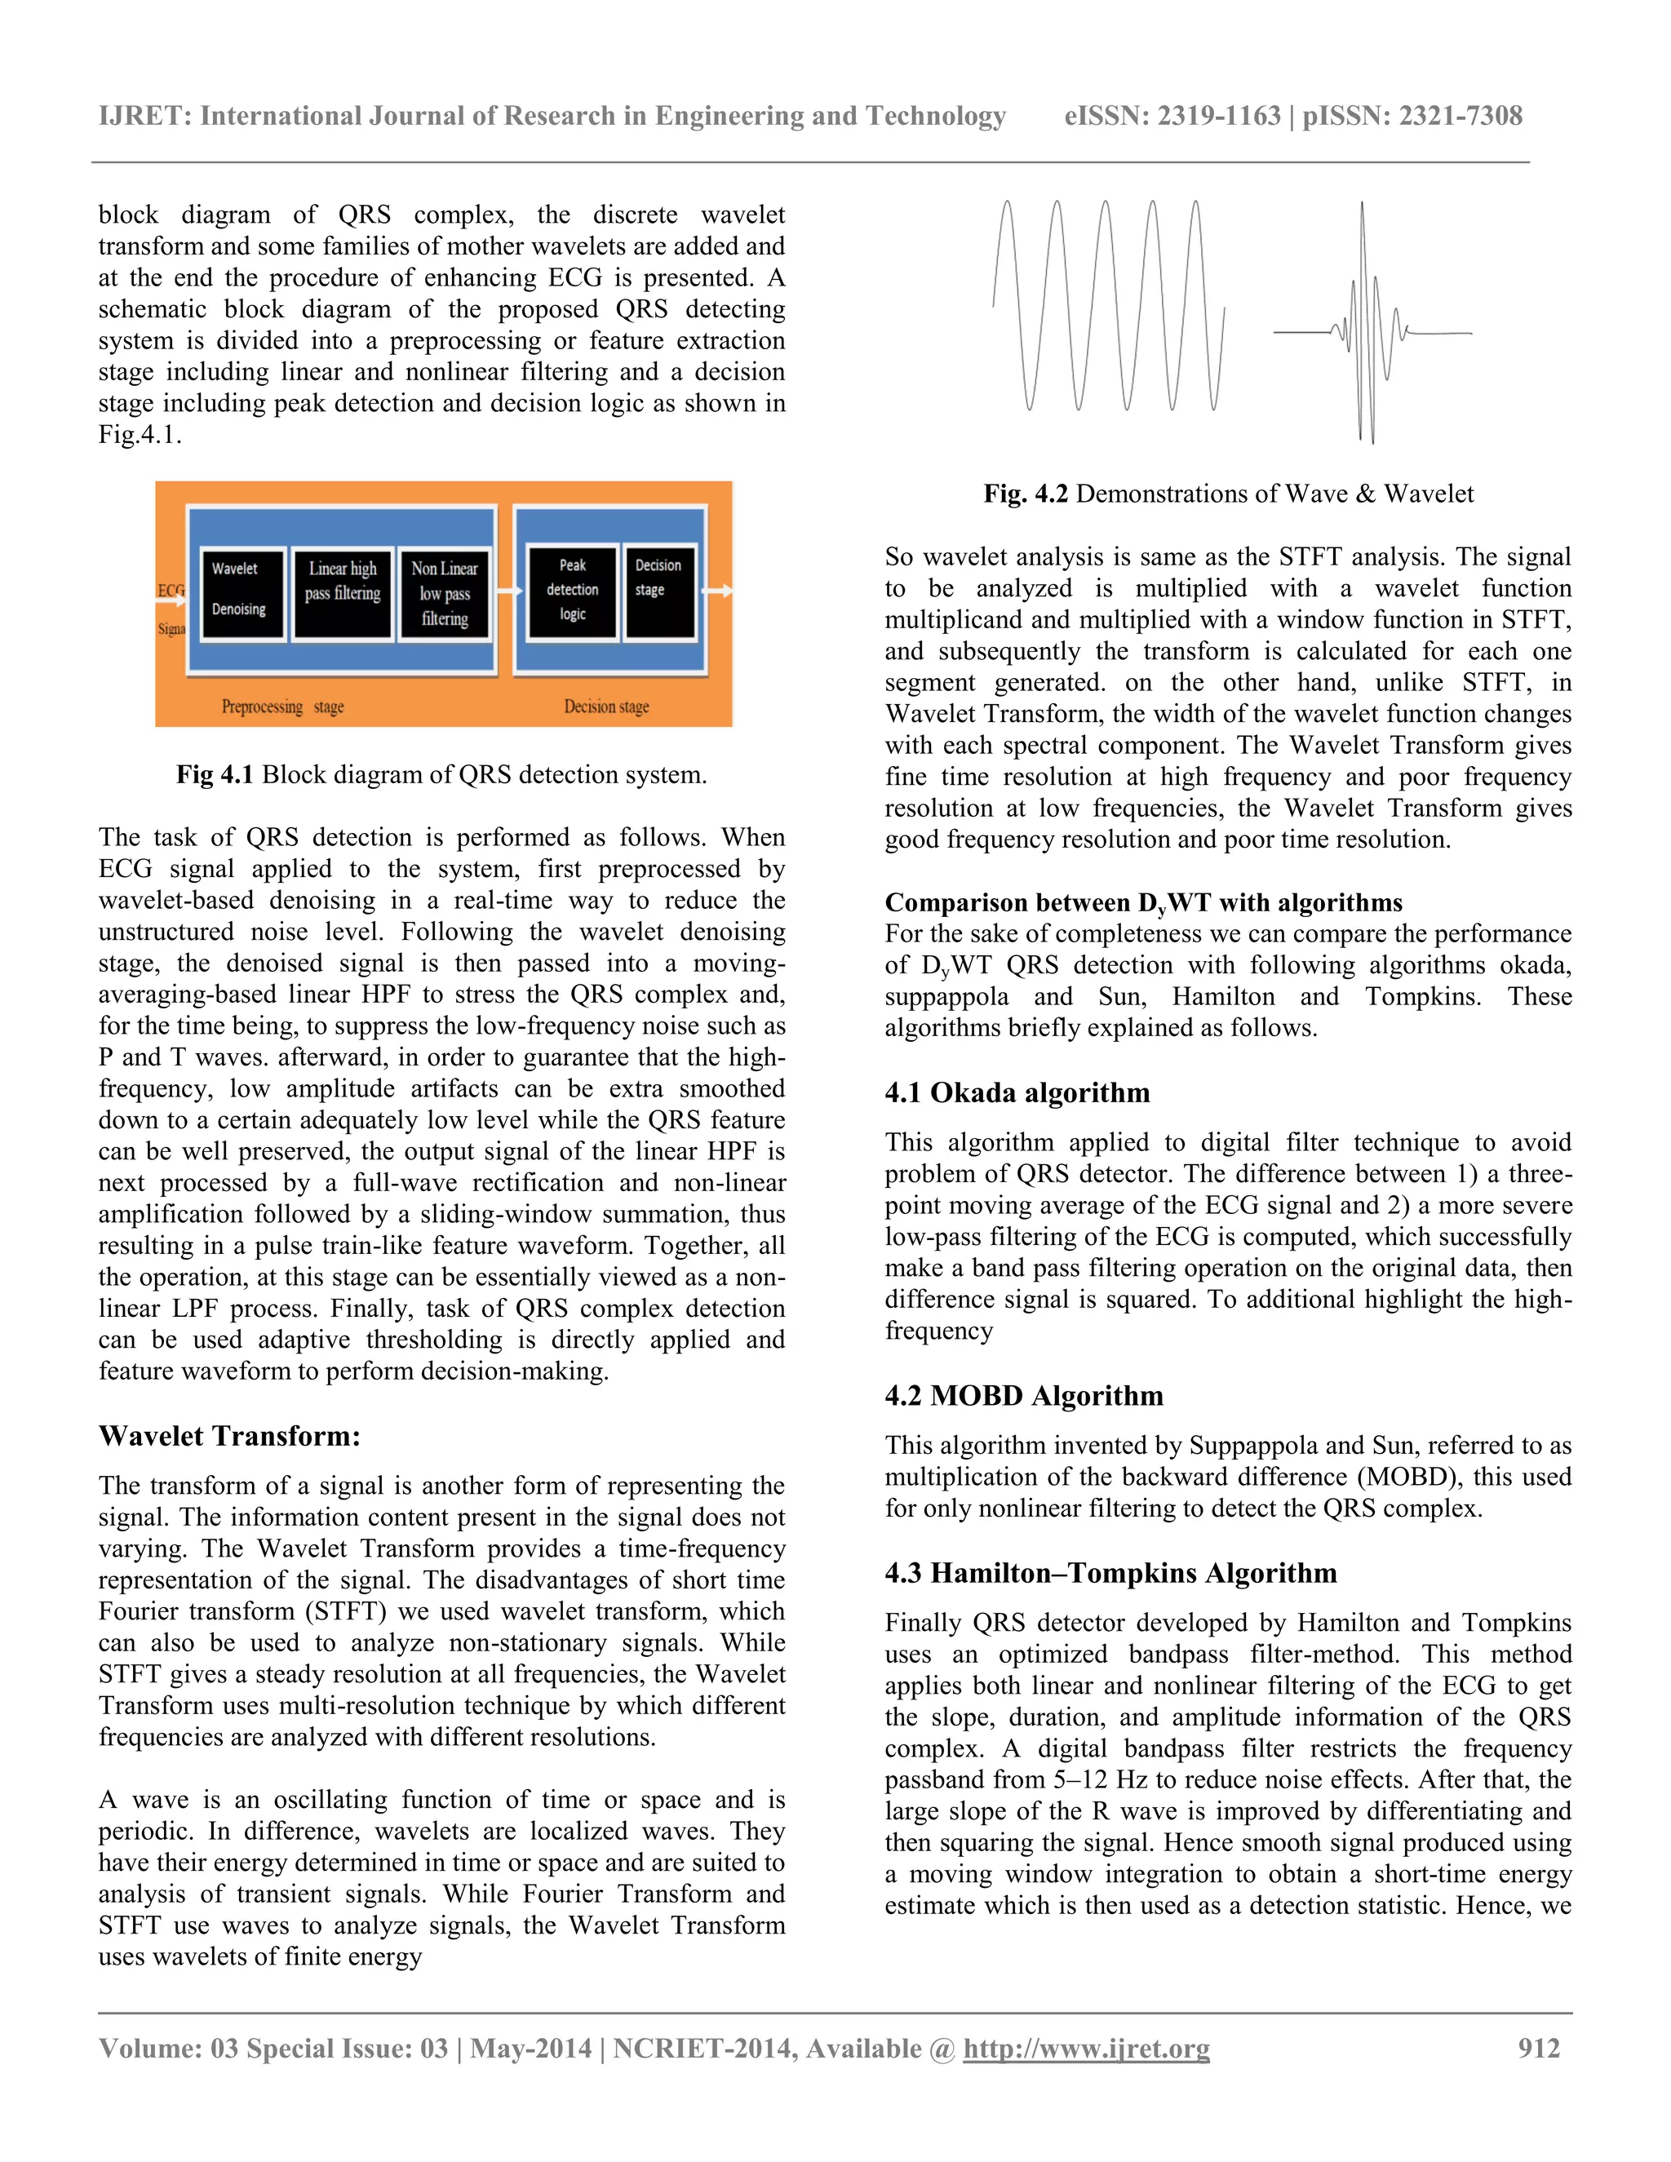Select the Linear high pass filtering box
click(x=343, y=593)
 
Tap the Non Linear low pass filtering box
click(x=445, y=594)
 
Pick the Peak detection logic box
click(x=572, y=590)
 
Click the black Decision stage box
click(x=658, y=590)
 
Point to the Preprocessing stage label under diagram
click(x=282, y=707)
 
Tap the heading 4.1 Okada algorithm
click(x=1017, y=1093)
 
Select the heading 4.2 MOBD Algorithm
click(x=1024, y=1396)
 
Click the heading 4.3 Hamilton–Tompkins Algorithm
click(x=1110, y=1573)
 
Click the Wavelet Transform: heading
click(x=229, y=1437)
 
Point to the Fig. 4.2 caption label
click(x=1025, y=494)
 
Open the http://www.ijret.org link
click(x=1086, y=2048)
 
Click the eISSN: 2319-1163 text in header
click(x=1172, y=116)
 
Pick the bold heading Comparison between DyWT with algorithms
click(x=1143, y=903)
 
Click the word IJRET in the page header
click(x=144, y=116)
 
